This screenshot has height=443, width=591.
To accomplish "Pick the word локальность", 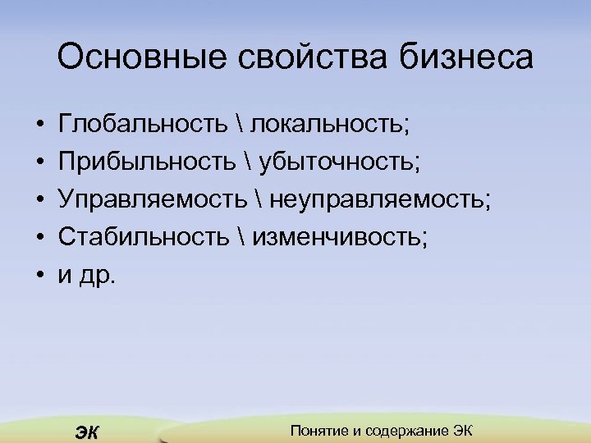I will tap(329, 123).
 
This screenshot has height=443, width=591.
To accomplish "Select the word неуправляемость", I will tap(380, 199).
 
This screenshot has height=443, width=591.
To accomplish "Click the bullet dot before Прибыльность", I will tap(39, 162).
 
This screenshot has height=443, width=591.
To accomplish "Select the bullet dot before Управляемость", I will tap(39, 200).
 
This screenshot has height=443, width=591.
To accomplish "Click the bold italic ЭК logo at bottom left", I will tap(85, 432).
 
